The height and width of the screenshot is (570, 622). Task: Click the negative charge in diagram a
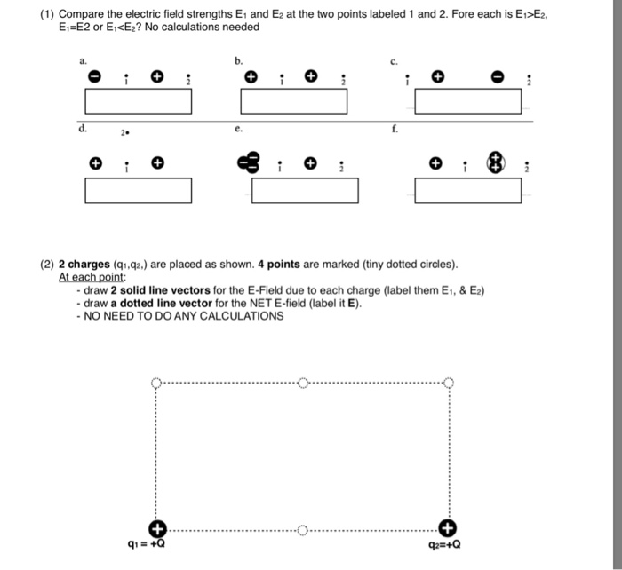(x=93, y=77)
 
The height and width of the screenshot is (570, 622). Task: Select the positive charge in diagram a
(x=157, y=77)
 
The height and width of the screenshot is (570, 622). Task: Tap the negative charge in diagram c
(x=500, y=77)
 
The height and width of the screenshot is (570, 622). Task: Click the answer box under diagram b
(x=293, y=101)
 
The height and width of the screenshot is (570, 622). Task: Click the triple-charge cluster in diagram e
(x=248, y=163)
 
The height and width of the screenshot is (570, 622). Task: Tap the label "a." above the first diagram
(x=83, y=61)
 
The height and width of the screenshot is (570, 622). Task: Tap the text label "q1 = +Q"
(x=145, y=545)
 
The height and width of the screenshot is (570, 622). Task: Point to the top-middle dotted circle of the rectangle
(x=302, y=384)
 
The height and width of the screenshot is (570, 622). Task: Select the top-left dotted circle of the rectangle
(x=156, y=384)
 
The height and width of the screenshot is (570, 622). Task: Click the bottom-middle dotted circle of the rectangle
(x=302, y=530)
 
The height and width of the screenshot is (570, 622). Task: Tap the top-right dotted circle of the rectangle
(x=448, y=384)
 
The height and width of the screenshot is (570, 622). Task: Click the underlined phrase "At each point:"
(x=88, y=276)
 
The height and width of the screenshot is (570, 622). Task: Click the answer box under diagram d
(x=139, y=191)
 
